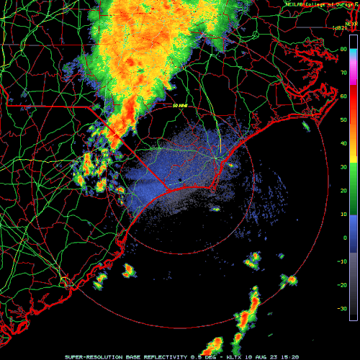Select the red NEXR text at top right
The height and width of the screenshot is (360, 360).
pyautogui.click(x=351, y=23)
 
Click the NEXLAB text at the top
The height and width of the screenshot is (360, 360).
pyautogui.click(x=297, y=4)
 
